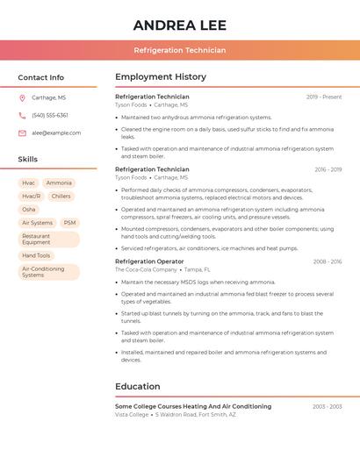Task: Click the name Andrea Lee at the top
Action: [x=179, y=25]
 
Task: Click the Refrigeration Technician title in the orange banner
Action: [x=179, y=50]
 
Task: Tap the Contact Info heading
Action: [x=40, y=77]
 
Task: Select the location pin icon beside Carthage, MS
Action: [x=22, y=98]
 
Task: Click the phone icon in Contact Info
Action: [x=22, y=116]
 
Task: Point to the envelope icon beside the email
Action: [x=22, y=133]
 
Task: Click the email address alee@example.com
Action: [x=56, y=133]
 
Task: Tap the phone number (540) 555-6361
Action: [x=50, y=116]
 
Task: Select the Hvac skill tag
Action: [x=29, y=183]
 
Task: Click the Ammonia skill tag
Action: [x=59, y=183]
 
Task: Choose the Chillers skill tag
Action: [x=61, y=197]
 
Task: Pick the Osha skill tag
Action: [x=29, y=210]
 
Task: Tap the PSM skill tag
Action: [x=69, y=223]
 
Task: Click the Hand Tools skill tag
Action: [x=36, y=256]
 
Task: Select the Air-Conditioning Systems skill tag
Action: [x=48, y=272]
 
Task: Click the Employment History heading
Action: [x=161, y=77]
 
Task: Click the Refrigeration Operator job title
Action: [x=149, y=261]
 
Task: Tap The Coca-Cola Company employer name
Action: [x=145, y=270]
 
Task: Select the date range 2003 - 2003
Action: [x=327, y=407]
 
